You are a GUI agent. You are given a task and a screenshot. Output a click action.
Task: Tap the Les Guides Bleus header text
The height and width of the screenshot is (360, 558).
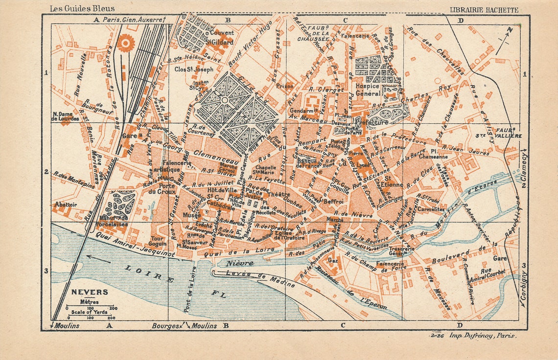pyautogui.click(x=82, y=8)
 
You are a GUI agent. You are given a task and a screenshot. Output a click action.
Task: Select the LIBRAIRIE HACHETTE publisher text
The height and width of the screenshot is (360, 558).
pyautogui.click(x=484, y=9)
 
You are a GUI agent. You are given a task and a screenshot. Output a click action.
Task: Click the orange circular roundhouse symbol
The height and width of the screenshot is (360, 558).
pyautogui.click(x=125, y=43)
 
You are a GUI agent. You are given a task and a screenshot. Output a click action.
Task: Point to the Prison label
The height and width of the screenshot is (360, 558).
pyautogui.click(x=285, y=86)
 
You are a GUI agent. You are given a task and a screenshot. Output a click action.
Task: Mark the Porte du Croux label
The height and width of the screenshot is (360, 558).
pyautogui.click(x=166, y=189)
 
